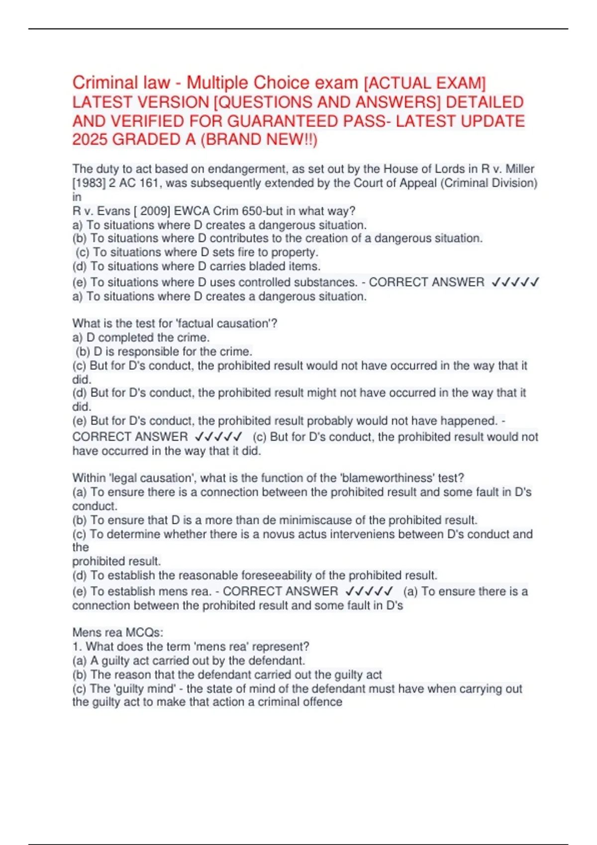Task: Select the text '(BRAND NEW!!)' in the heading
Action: click(x=259, y=140)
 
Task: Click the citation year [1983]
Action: click(x=89, y=183)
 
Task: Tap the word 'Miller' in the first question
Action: click(x=520, y=169)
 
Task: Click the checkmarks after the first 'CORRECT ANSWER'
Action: click(x=515, y=282)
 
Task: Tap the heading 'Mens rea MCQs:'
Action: click(x=118, y=633)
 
